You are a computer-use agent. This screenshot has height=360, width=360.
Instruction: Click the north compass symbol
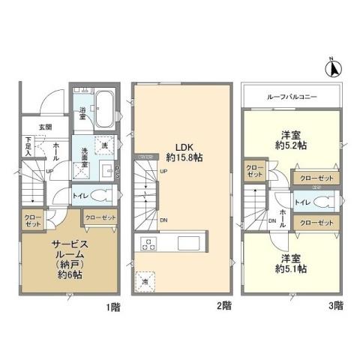[x=331, y=68]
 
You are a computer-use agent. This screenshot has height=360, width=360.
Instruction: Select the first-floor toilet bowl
[x=103, y=196]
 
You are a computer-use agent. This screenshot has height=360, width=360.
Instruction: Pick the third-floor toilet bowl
[x=322, y=201]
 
